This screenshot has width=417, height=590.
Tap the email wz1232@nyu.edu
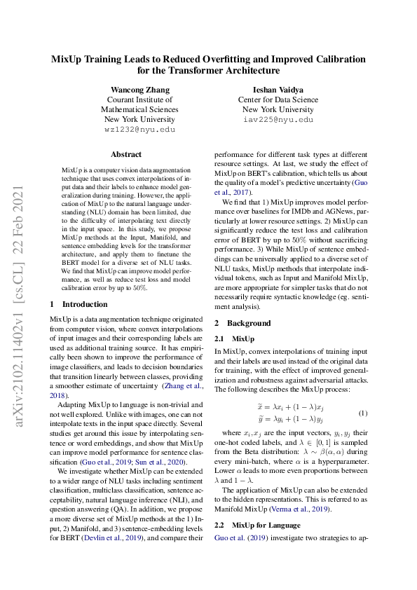pos(139,130)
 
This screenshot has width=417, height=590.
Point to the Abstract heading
pos(126,154)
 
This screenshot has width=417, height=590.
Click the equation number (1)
pos(363,413)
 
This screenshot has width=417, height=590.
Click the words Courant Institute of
pos(139,100)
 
